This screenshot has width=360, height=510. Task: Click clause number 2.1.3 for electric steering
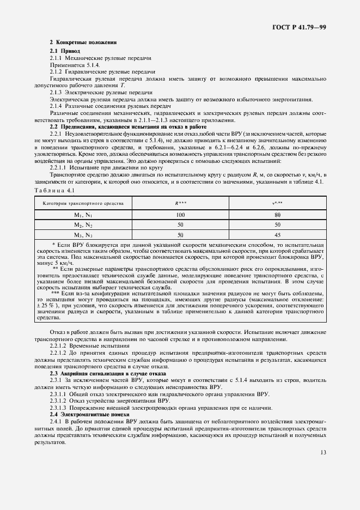pyautogui.click(x=56, y=93)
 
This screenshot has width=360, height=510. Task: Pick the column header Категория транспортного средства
pyautogui.click(x=80, y=203)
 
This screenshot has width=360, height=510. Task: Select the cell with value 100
pyautogui.click(x=180, y=215)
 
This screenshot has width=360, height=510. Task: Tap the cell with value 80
pyautogui.click(x=277, y=215)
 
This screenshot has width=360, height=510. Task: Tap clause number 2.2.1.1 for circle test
pyautogui.click(x=58, y=167)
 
